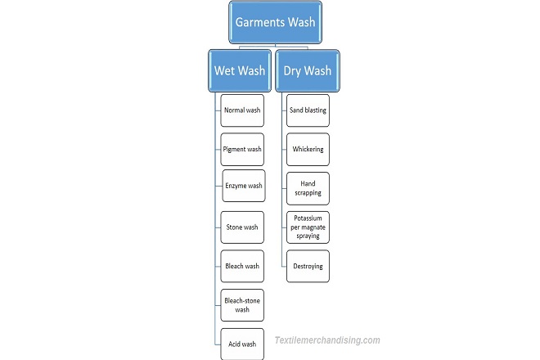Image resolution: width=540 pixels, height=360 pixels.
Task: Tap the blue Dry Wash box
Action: click(307, 70)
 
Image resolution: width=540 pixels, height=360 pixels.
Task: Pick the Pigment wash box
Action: click(242, 150)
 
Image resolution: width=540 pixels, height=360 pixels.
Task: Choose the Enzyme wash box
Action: click(244, 187)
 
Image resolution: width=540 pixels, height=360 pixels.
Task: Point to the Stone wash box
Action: click(242, 227)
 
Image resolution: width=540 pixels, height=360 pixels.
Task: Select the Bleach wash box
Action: click(242, 266)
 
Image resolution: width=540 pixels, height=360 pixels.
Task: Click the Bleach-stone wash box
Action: click(242, 305)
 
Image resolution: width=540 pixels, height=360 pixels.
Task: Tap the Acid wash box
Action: click(242, 344)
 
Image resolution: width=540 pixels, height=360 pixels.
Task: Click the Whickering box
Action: click(308, 150)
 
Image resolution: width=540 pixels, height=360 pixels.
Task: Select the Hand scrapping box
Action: click(308, 188)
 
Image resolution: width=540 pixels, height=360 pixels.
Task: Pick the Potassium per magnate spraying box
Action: click(308, 227)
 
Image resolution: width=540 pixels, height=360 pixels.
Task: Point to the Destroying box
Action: click(308, 266)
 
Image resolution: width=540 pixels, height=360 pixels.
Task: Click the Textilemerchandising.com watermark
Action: click(327, 340)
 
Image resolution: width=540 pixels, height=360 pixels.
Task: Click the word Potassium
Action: click(308, 219)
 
